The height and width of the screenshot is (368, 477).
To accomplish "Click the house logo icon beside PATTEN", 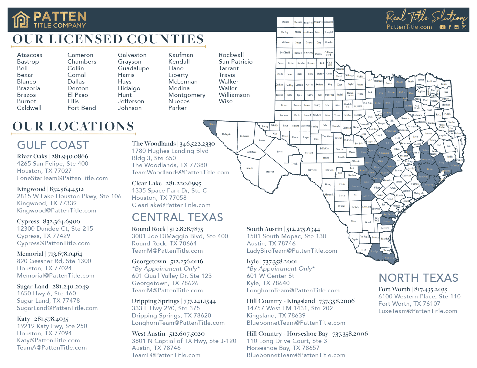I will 21,20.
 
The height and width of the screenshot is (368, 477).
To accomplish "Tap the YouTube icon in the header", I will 442,27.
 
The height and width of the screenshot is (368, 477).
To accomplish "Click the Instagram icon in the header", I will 464,27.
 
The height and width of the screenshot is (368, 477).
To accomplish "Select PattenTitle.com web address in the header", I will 409,27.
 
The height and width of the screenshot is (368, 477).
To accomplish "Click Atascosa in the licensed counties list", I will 30,55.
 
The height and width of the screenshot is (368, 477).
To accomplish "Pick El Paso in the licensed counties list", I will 78,95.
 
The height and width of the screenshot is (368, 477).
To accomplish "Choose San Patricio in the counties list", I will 235,62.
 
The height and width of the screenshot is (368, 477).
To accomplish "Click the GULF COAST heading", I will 53,145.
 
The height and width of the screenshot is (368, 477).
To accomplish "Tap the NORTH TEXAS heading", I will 418,278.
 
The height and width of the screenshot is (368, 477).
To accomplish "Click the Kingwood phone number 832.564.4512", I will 66,189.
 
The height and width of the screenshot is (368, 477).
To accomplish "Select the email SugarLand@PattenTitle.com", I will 57,308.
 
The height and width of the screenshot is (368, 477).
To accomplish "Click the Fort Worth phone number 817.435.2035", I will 431,290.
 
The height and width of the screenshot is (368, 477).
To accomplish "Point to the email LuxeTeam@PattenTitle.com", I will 418,311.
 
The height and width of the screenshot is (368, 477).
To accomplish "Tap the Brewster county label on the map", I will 270,172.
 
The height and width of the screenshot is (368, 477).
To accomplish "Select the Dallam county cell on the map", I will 285,22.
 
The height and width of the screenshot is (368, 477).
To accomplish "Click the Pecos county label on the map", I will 280,152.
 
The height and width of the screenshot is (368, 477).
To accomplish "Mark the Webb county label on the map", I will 353,221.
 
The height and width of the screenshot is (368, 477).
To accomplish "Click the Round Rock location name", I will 148,229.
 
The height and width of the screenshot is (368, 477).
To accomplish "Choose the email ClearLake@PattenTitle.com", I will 171,205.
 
